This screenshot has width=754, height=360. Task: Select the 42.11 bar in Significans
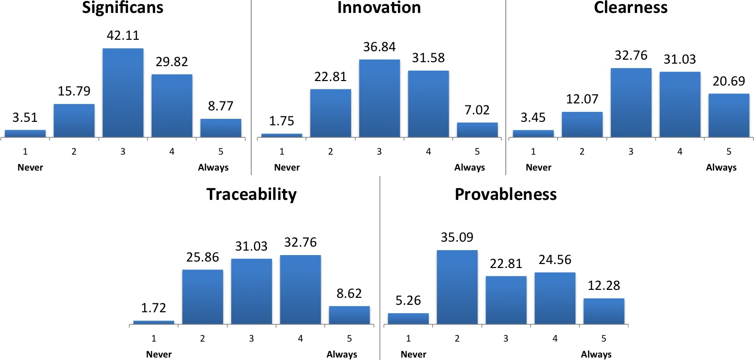pyautogui.click(x=123, y=92)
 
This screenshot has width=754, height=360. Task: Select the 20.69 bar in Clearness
pyautogui.click(x=729, y=115)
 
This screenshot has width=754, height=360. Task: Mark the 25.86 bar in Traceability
pyautogui.click(x=203, y=297)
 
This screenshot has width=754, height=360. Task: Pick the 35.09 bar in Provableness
pyautogui.click(x=457, y=287)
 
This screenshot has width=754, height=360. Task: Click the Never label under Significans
pyautogui.click(x=30, y=168)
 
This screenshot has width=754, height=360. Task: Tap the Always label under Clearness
pyautogui.click(x=721, y=168)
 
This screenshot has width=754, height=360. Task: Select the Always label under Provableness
pyautogui.click(x=596, y=355)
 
